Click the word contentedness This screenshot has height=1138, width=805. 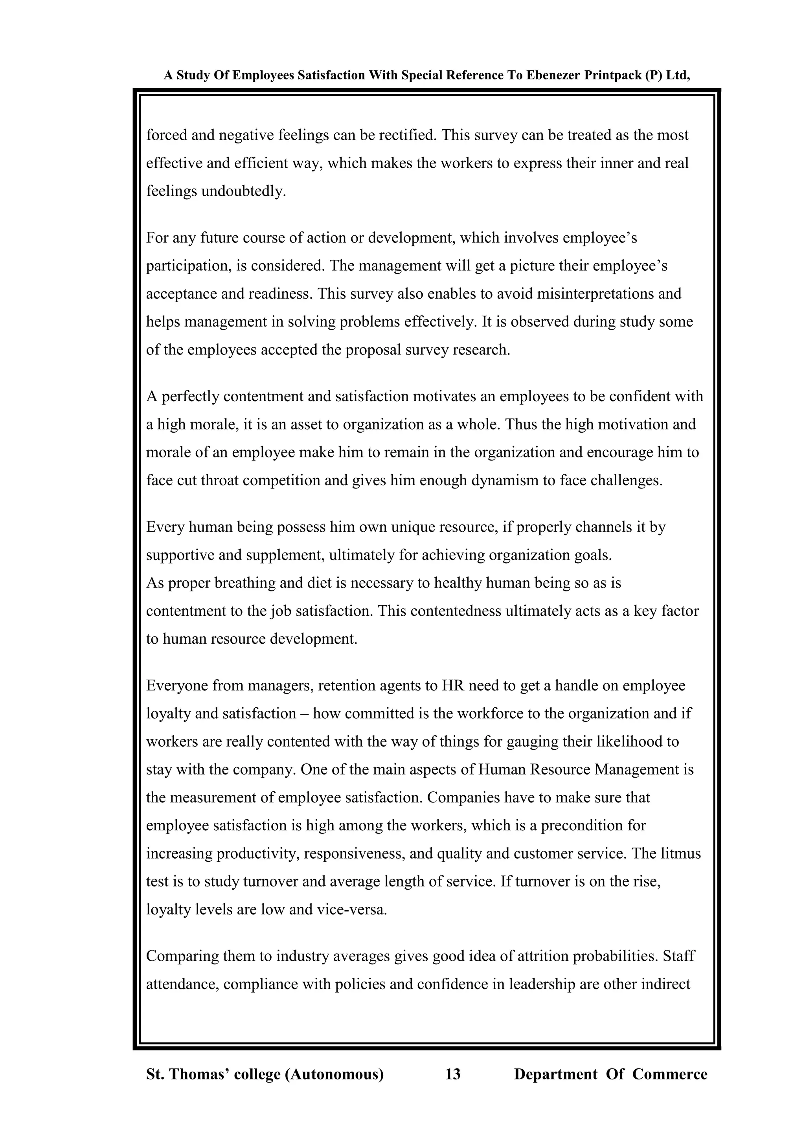[456, 611]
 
